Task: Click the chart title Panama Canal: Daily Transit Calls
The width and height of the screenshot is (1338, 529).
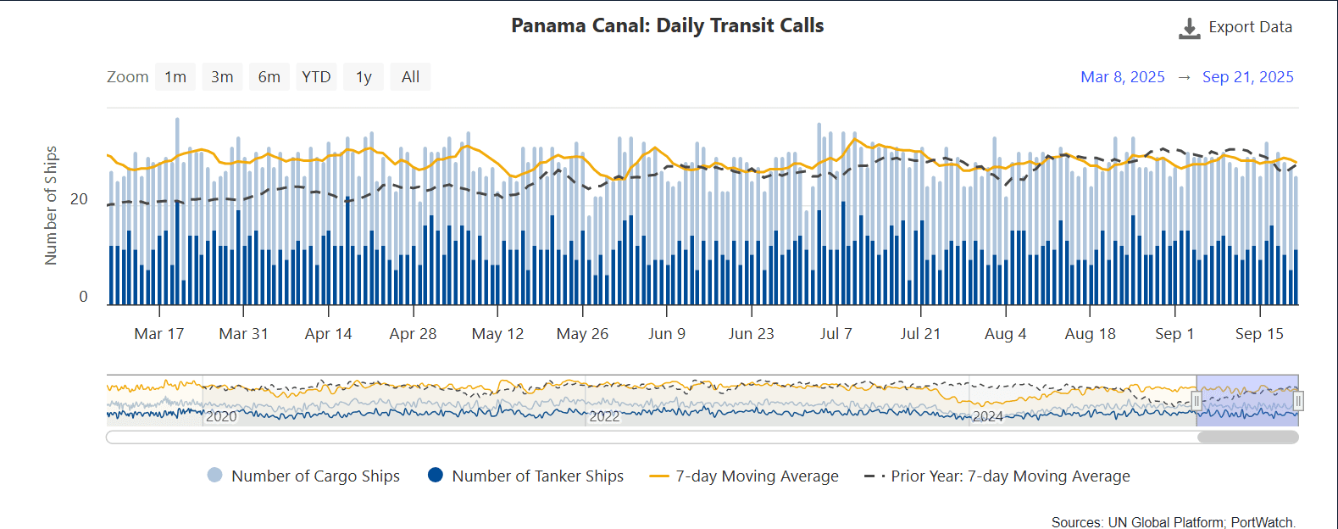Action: [667, 25]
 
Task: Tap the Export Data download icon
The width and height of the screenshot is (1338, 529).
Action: [1189, 29]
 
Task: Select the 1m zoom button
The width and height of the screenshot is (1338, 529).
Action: [175, 77]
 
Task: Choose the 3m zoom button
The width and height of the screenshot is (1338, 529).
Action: [222, 77]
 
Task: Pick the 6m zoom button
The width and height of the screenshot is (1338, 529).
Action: [269, 77]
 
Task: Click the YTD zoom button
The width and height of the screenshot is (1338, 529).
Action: [316, 77]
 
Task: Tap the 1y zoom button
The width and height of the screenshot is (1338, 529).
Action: [364, 77]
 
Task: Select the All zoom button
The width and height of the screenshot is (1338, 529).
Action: [410, 77]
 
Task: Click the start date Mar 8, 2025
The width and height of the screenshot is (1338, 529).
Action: [1122, 77]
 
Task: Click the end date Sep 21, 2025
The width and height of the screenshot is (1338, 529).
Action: [1247, 77]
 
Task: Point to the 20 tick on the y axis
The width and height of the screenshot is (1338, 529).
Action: [79, 199]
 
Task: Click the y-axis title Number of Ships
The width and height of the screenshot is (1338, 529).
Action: [51, 205]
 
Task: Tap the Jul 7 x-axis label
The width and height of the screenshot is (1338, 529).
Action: [836, 334]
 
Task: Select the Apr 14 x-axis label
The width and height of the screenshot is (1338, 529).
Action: [328, 334]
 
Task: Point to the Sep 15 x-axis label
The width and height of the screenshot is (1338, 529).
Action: [1259, 334]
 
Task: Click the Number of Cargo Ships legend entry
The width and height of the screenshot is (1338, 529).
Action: [303, 476]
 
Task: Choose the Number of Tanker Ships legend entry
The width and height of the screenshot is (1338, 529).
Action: [525, 476]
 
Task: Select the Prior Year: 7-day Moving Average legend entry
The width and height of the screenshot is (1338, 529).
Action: [997, 476]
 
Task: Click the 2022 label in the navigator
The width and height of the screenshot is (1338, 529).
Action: [604, 416]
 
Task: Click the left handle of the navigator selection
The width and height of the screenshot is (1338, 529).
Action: [1196, 400]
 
